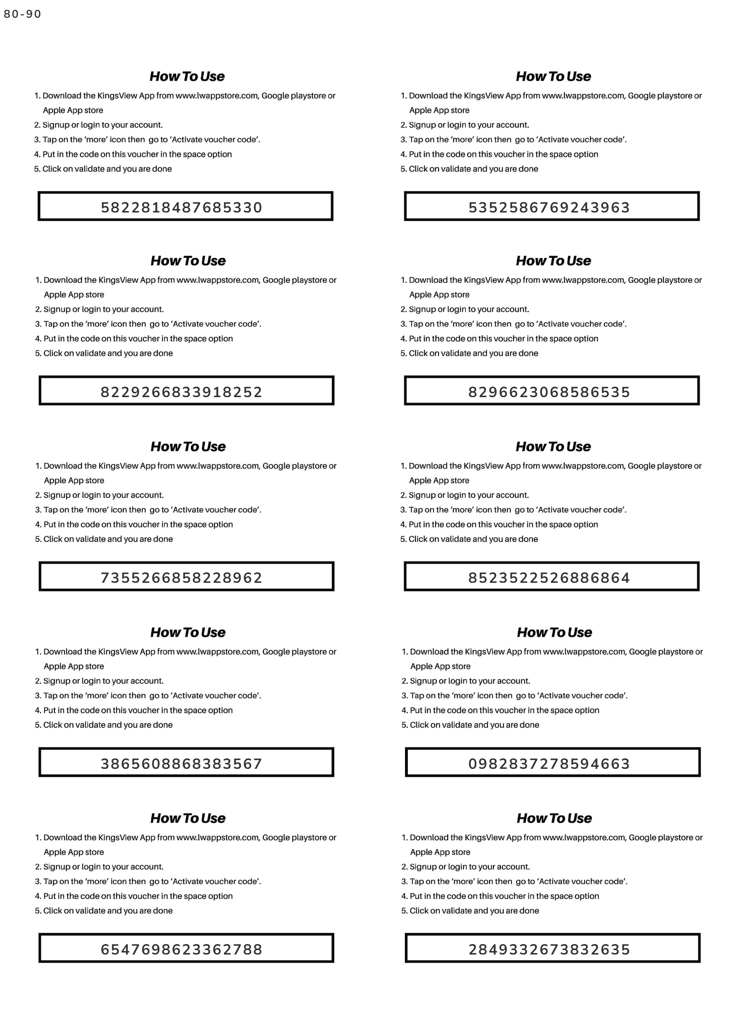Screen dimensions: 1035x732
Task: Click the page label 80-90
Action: pos(22,14)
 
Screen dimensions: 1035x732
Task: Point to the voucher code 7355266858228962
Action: pos(181,578)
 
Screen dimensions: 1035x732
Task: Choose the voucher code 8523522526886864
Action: pos(549,578)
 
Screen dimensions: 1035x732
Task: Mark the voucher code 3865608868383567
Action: pos(181,764)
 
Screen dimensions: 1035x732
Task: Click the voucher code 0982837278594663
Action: pos(549,764)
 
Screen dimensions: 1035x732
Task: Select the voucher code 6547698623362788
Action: pos(181,949)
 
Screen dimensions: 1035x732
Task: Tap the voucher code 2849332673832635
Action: pos(549,949)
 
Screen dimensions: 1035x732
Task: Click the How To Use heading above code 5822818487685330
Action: pos(187,77)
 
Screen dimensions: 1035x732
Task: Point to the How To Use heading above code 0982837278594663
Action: pos(554,632)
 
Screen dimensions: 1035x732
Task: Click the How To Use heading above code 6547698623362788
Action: pos(188,818)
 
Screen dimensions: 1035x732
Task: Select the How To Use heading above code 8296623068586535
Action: pos(554,261)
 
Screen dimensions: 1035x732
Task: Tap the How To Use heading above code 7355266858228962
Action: pos(188,447)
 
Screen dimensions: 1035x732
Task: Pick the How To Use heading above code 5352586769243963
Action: pos(554,77)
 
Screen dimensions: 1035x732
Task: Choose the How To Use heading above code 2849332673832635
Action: pos(554,818)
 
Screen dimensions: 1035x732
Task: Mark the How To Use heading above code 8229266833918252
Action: pos(188,261)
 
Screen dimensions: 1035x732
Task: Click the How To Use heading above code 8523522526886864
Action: pos(554,447)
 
